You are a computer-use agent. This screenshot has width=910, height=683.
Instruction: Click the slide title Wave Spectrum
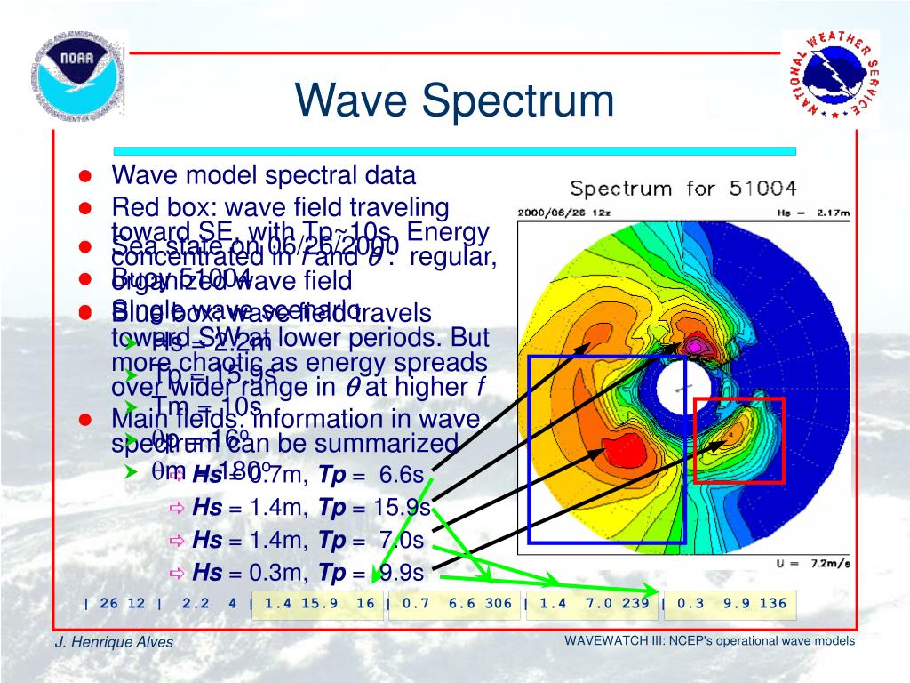click(x=454, y=100)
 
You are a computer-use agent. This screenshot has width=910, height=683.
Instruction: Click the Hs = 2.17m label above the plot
click(x=817, y=213)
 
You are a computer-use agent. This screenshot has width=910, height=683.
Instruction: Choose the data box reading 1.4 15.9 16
click(x=318, y=603)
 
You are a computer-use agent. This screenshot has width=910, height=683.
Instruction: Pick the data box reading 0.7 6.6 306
click(x=456, y=603)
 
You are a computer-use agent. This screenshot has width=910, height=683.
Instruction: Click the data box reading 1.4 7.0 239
click(x=593, y=603)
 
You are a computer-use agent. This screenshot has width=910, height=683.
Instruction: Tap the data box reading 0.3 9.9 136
click(x=730, y=603)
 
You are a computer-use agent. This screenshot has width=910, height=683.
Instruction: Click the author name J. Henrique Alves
click(x=116, y=643)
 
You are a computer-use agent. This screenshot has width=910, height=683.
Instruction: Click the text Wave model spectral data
click(x=263, y=175)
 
